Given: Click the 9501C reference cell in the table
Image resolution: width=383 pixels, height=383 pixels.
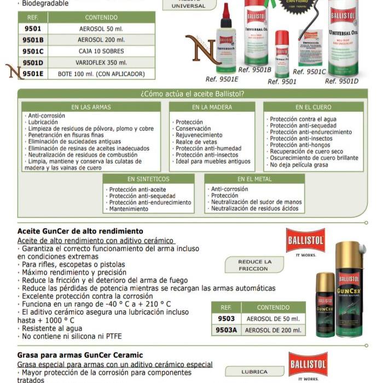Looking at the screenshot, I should pyautogui.click(x=33, y=51).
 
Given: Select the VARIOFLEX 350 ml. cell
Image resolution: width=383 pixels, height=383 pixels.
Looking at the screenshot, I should pyautogui.click(x=101, y=62).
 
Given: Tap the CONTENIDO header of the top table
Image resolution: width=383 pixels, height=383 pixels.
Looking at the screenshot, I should pyautogui.click(x=101, y=18).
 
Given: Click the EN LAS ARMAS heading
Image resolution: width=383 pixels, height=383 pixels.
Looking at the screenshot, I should pyautogui.click(x=90, y=107).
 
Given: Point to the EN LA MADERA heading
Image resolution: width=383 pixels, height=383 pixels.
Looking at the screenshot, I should pyautogui.click(x=211, y=107).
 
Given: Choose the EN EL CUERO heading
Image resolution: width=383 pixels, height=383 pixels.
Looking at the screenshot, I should pyautogui.click(x=313, y=107).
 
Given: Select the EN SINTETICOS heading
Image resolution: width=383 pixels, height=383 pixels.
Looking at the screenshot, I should pyautogui.click(x=148, y=179).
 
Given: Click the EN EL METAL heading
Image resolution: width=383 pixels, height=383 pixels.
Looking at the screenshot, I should pyautogui.click(x=254, y=179).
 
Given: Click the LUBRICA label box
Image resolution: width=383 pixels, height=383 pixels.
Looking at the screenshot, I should pyautogui.click(x=254, y=372).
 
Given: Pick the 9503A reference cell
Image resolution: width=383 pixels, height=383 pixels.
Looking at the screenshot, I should pyautogui.click(x=225, y=330).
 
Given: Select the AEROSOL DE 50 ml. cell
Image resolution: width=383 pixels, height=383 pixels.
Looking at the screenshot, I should pyautogui.click(x=273, y=318).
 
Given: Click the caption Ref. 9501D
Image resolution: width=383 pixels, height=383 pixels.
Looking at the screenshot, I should pyautogui.click(x=341, y=81).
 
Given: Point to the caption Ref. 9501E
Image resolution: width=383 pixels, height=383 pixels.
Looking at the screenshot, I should pyautogui.click(x=222, y=79).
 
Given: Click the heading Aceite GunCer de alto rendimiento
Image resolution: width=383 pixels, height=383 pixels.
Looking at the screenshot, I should pyautogui.click(x=80, y=231).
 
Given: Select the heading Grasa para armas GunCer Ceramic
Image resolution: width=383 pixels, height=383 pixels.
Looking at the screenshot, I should pyautogui.click(x=80, y=355).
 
